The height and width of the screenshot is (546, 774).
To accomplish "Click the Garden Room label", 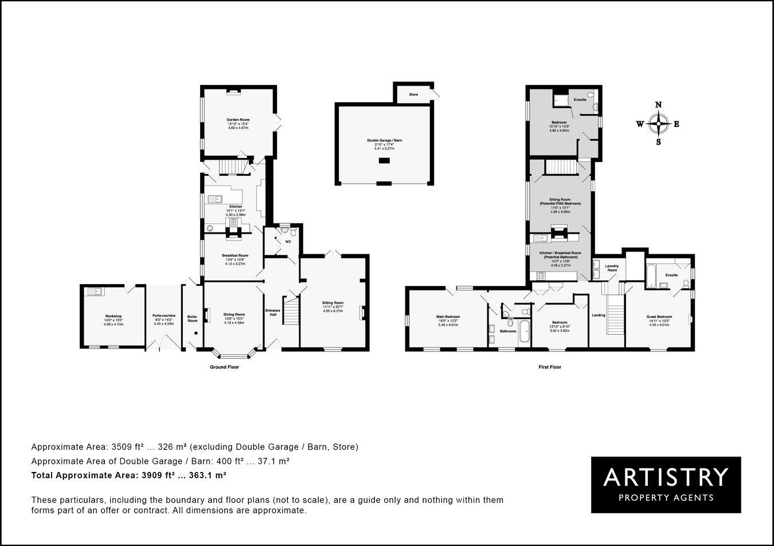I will pos(237,120).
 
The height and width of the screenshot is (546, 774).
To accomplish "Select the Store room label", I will pos(413,94).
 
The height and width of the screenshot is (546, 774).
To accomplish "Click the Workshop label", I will pos(114,316).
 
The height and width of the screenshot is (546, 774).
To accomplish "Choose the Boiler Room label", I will pos(192,318).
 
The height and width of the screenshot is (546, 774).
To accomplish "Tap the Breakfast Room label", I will pos(235,255).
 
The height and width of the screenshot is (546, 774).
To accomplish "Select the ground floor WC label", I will pos(288,242).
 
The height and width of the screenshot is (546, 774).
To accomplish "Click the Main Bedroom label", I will pos(448,316).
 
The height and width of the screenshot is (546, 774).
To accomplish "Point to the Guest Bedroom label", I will pos(660,316).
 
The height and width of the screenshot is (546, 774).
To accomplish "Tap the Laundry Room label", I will pos(612,267).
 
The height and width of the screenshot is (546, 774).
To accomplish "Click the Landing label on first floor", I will pos(599,315).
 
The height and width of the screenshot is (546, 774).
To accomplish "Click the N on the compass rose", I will pos(659,104).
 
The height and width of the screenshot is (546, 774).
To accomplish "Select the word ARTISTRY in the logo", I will pos(666,477).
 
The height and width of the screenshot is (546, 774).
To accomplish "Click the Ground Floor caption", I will pos(224,367).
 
